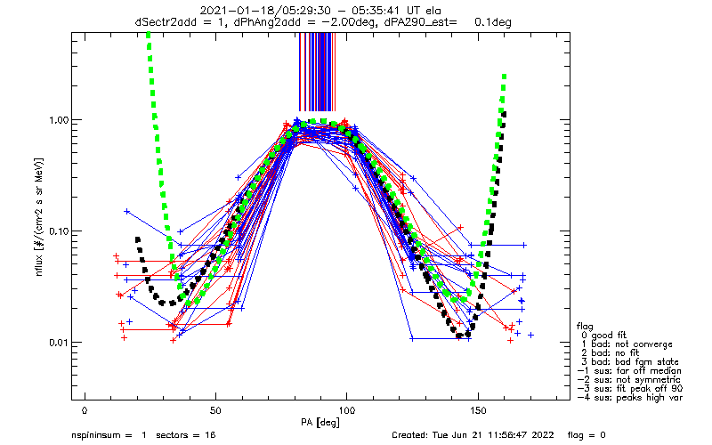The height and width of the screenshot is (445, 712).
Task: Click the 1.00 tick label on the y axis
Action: pyautogui.click(x=59, y=120)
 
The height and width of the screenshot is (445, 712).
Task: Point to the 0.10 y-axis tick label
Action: pyautogui.click(x=59, y=231)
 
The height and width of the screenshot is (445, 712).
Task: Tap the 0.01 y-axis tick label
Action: pyautogui.click(x=59, y=343)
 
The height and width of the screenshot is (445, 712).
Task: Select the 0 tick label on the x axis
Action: pyautogui.click(x=85, y=410)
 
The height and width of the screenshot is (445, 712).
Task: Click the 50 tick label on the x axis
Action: pyautogui.click(x=215, y=410)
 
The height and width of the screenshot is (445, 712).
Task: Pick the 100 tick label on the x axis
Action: pyautogui.click(x=346, y=410)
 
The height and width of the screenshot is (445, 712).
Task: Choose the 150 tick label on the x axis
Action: pyautogui.click(x=478, y=410)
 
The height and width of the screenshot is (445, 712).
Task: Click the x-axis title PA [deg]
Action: pyautogui.click(x=320, y=423)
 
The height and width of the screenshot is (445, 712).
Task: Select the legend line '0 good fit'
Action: pyautogui.click(x=604, y=336)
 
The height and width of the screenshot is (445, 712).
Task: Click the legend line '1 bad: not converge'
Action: pyautogui.click(x=627, y=344)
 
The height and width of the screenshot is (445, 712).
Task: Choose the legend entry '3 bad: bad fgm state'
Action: pyautogui.click(x=630, y=362)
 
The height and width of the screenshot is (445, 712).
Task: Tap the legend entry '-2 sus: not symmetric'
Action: pyautogui.click(x=629, y=380)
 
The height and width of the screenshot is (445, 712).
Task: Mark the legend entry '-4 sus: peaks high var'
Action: pyautogui.click(x=630, y=398)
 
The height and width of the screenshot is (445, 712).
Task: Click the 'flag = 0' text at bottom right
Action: pyautogui.click(x=587, y=435)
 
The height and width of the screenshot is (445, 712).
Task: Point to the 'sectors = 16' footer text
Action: pyautogui.click(x=186, y=435)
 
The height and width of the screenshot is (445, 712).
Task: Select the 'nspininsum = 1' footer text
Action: pyautogui.click(x=109, y=435)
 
